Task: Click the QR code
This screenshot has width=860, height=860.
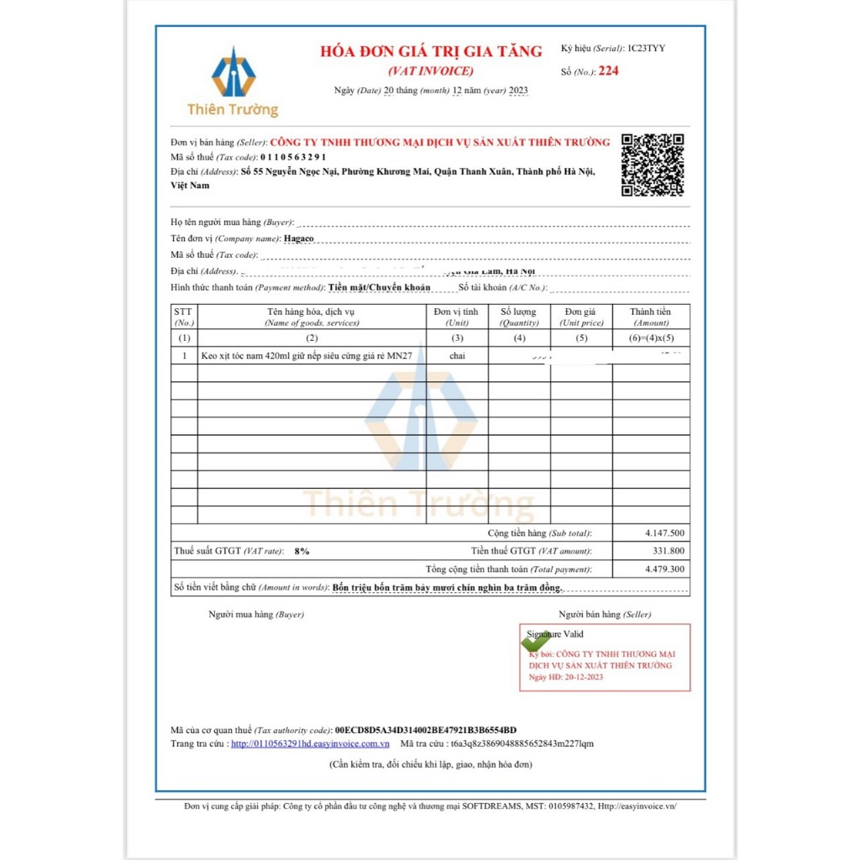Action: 653,165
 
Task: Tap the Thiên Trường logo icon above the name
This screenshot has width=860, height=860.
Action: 233,74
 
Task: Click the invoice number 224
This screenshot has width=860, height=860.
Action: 608,71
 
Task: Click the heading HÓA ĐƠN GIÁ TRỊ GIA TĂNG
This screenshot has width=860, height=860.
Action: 431,51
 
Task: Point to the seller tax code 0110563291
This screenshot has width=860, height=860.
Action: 293,157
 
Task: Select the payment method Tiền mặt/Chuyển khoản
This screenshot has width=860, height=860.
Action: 379,287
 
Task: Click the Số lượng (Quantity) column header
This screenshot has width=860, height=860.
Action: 519,317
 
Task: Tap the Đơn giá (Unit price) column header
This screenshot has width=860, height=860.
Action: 582,317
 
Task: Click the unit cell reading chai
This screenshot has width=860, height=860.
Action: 457,356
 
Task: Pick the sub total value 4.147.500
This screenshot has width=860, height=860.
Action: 665,533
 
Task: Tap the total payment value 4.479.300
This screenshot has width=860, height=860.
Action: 665,569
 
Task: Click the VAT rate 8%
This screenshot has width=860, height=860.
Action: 302,552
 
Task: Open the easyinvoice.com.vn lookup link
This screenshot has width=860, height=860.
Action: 310,743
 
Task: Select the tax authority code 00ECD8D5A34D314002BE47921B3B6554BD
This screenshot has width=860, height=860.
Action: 426,730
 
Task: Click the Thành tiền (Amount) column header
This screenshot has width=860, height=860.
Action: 651,317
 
